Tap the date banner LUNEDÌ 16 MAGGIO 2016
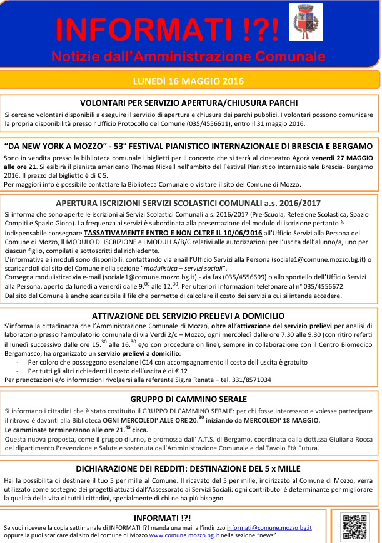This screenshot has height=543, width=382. (x=188, y=81)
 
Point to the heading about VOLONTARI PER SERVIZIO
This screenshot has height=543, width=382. (x=188, y=102)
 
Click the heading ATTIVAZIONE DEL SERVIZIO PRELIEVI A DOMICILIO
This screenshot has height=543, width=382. (x=188, y=316)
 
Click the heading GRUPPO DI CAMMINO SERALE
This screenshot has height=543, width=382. (x=188, y=399)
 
